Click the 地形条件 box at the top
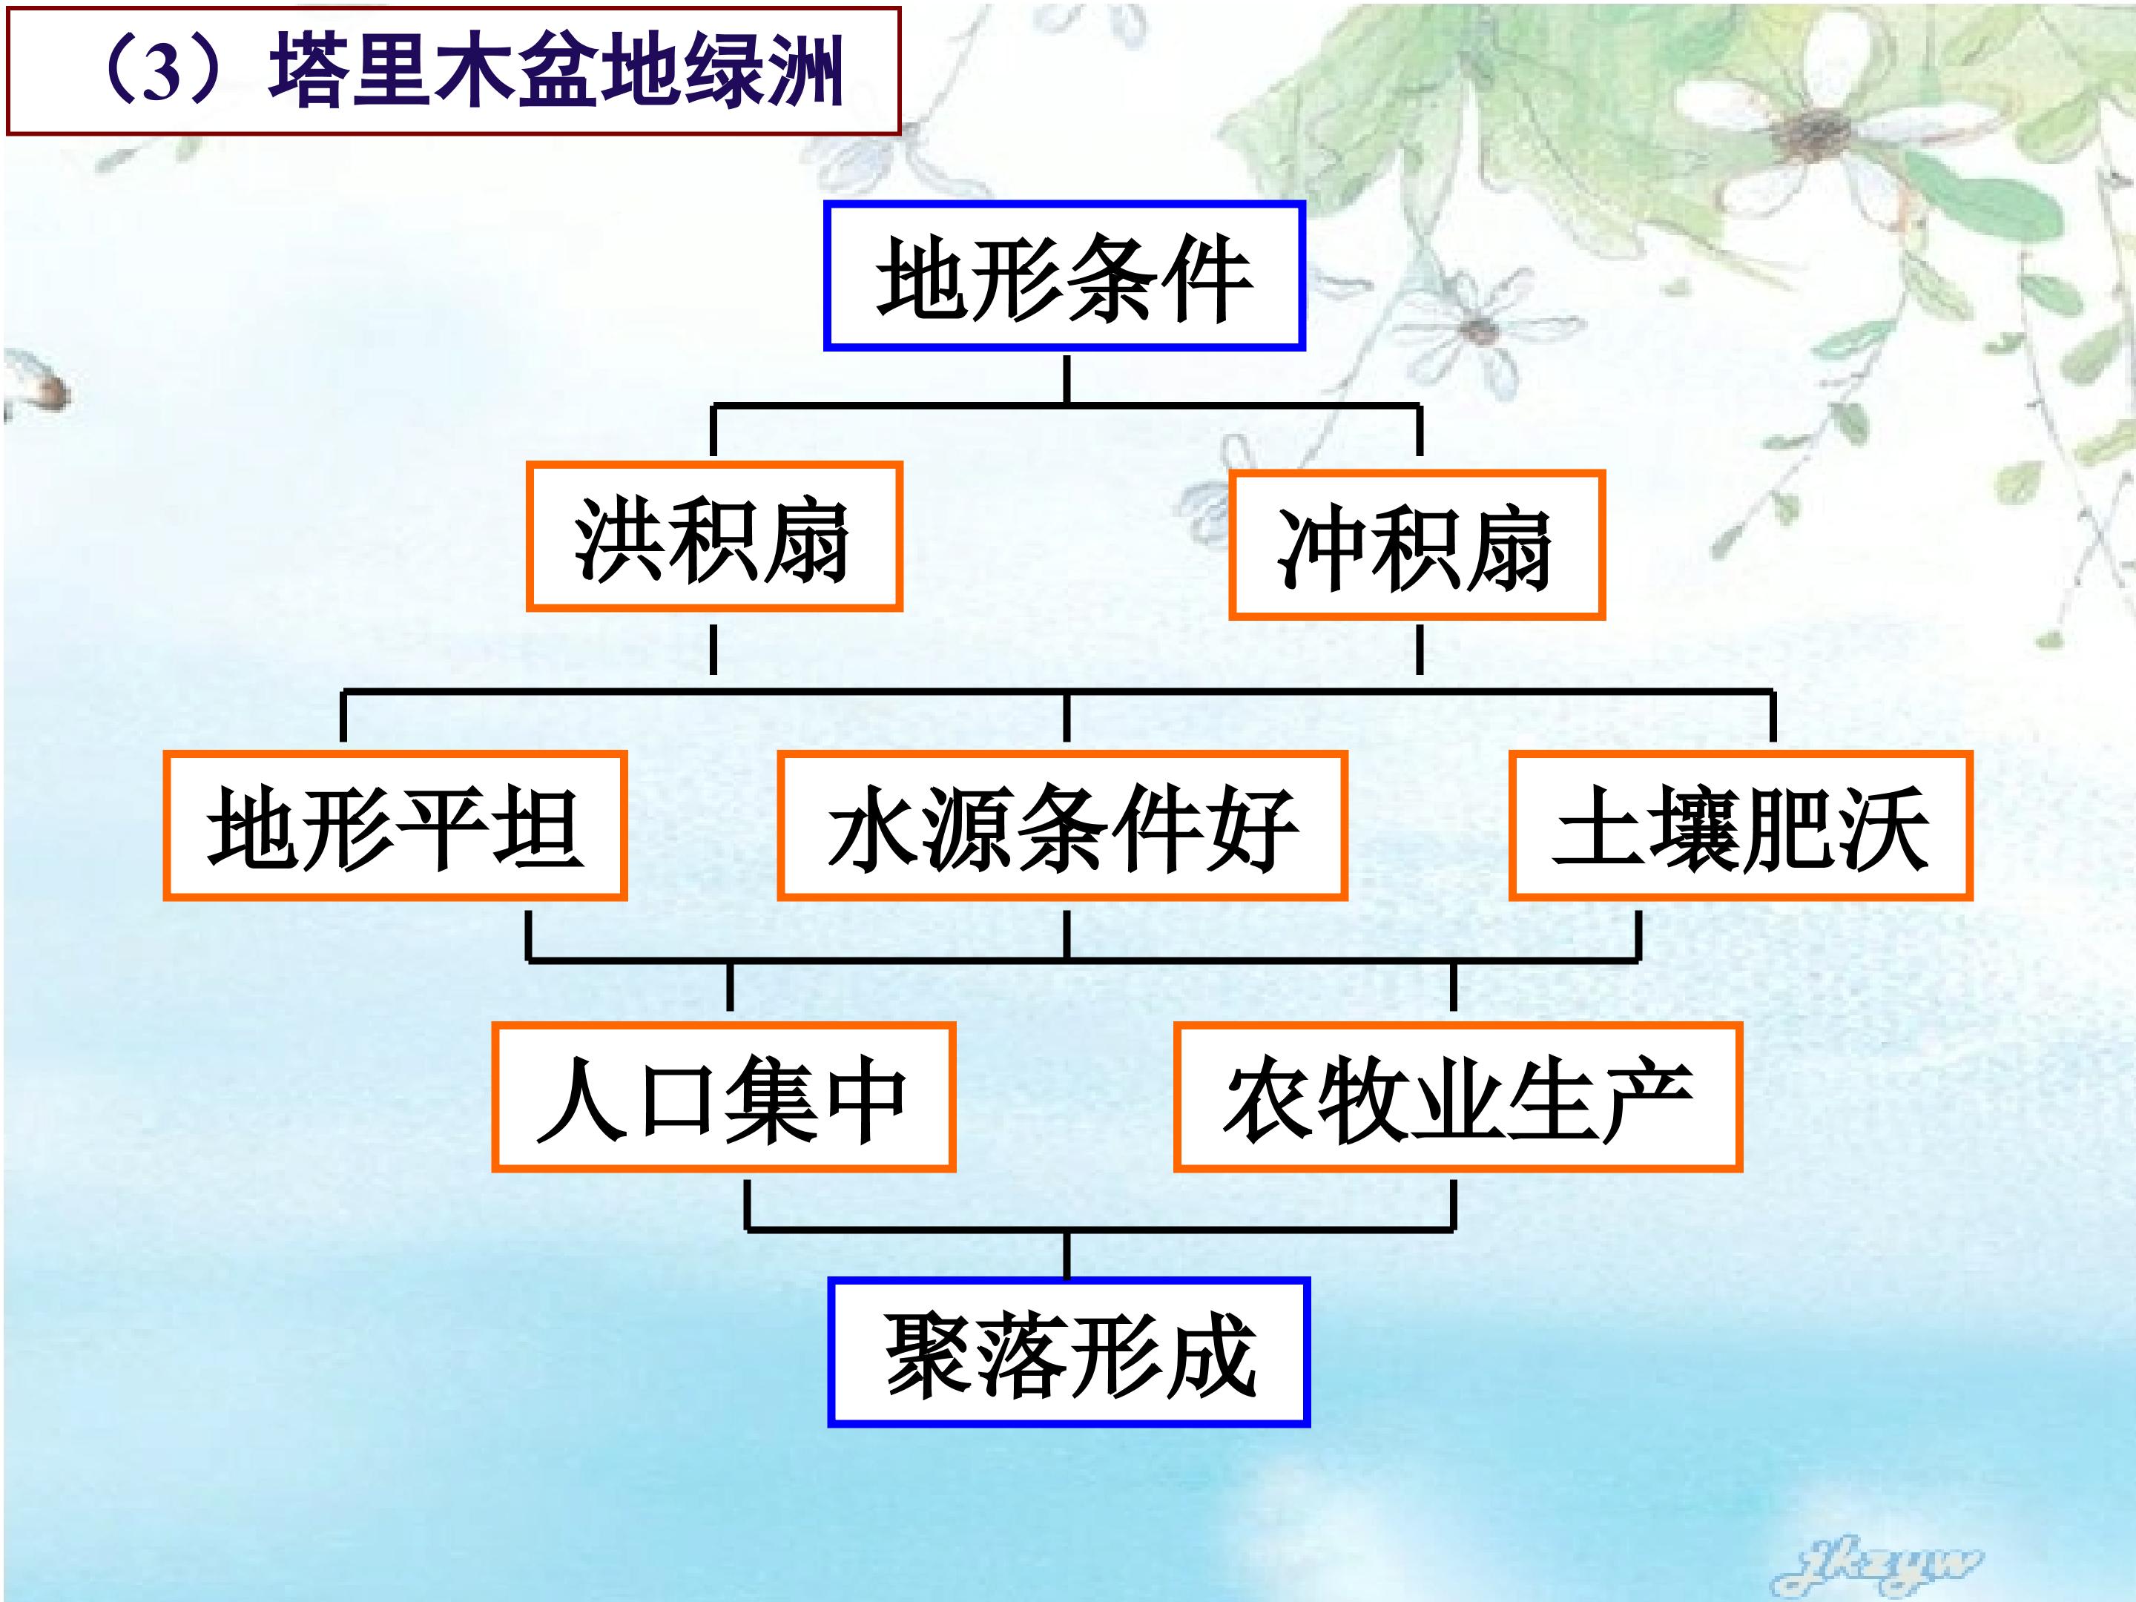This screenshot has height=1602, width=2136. click(1064, 276)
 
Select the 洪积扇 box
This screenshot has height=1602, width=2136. click(713, 537)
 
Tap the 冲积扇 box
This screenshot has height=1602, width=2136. click(1417, 546)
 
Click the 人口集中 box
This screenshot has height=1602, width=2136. click(723, 1098)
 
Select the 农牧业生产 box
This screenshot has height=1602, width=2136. click(1458, 1098)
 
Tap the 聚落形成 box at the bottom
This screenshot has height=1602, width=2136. click(1069, 1352)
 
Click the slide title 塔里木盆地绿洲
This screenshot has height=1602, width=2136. click(556, 70)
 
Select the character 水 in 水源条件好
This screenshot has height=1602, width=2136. click(873, 828)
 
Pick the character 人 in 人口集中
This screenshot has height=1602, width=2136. click(581, 1099)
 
